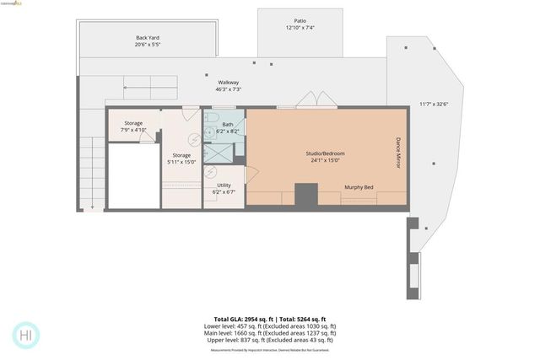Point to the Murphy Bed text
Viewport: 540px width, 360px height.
(x=359, y=188)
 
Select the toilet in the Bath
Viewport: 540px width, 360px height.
(x=212, y=117)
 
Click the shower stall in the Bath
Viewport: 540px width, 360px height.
(x=220, y=152)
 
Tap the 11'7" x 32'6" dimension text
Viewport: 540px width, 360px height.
(x=434, y=105)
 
